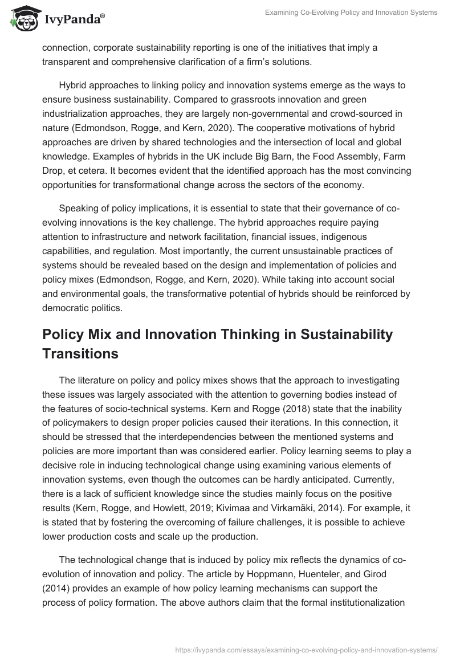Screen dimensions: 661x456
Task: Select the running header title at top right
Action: pyautogui.click(x=351, y=13)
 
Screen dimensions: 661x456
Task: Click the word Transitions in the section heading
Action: pyautogui.click(x=80, y=354)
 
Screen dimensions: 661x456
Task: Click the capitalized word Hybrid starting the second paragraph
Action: pyautogui.click(x=73, y=85)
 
